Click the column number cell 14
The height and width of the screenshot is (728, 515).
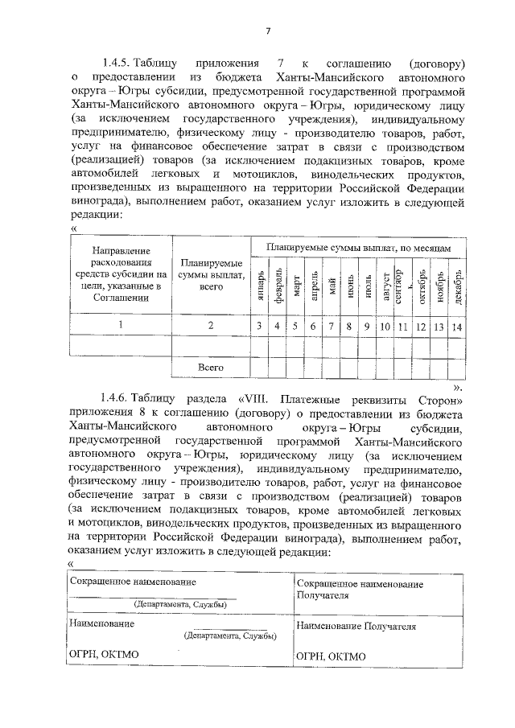click(x=456, y=326)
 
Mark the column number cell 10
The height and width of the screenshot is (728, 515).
click(x=385, y=326)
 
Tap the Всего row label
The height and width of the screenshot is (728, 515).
click(x=211, y=367)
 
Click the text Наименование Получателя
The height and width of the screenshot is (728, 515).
click(x=356, y=624)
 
